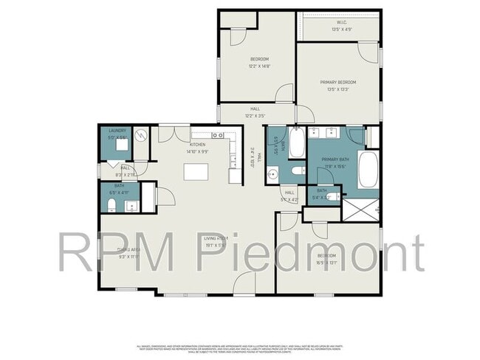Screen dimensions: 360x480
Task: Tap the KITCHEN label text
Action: (x=197, y=145)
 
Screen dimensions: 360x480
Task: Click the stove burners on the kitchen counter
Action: (x=219, y=136)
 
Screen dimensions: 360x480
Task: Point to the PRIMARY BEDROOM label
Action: (x=338, y=82)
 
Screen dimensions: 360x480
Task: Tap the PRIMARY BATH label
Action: (x=335, y=162)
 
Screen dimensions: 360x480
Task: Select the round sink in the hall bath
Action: (x=272, y=175)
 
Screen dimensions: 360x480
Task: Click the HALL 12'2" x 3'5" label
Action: (x=255, y=112)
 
